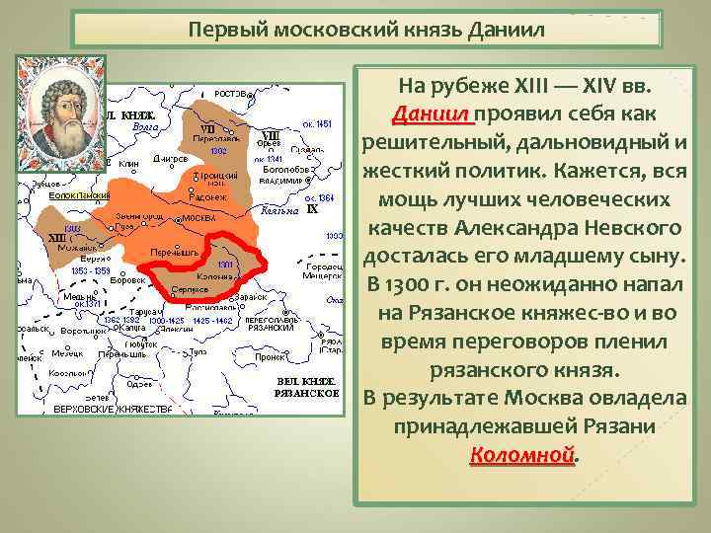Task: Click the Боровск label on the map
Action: pos(126,280)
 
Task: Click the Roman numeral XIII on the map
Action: pos(57,238)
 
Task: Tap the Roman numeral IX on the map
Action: pos(311,208)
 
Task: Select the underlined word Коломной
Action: pos(520,455)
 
